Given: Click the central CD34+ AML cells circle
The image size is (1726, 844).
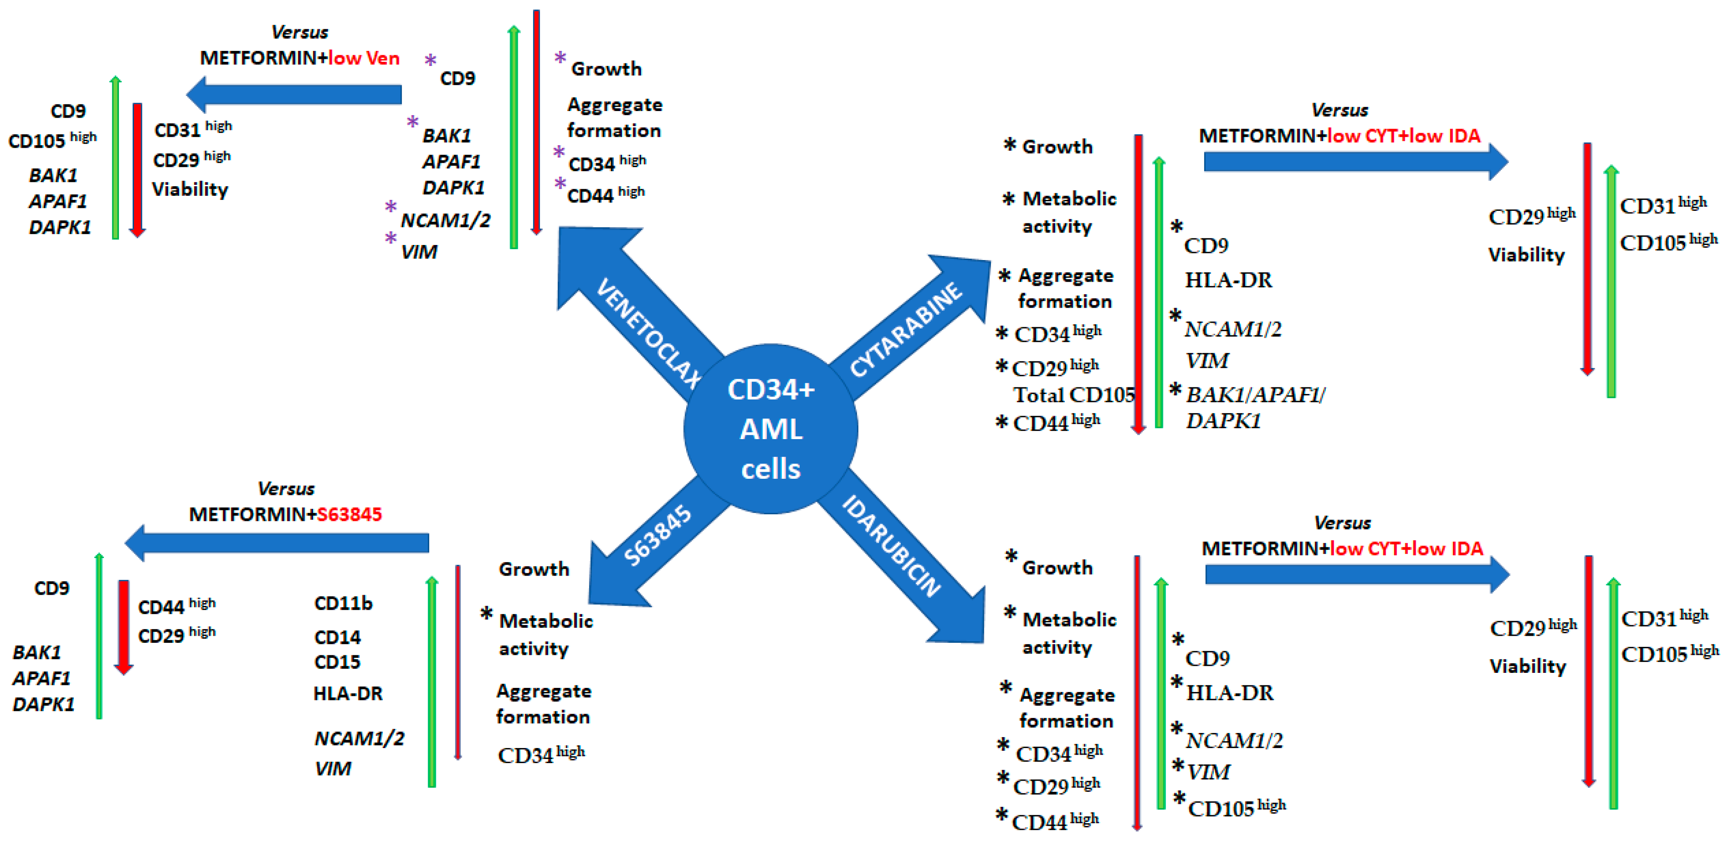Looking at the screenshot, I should click(771, 429).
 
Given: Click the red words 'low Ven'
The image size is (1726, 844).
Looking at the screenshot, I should click(364, 58).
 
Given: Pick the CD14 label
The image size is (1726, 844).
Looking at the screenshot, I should click(337, 637).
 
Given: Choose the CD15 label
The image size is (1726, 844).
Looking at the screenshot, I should click(337, 662).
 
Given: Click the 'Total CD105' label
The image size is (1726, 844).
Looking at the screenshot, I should click(1074, 395).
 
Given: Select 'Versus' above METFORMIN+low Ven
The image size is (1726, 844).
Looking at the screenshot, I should click(300, 32).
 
